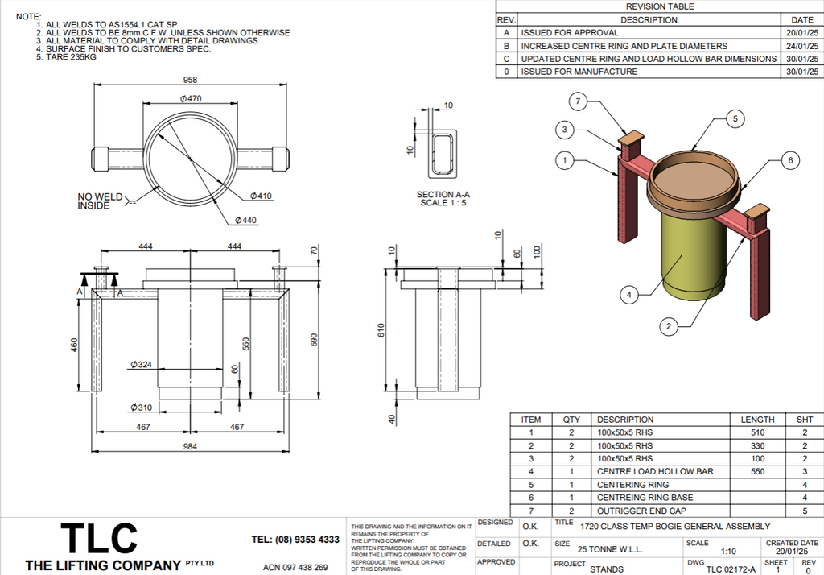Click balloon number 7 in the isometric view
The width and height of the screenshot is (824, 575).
tap(578, 101)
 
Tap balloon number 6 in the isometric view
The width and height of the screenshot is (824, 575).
tap(790, 161)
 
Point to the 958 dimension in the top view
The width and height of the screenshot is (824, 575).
tap(190, 81)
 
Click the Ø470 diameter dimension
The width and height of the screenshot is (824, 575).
tap(190, 98)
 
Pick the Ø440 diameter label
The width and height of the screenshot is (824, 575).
tap(246, 221)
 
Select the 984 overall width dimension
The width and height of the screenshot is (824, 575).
tap(190, 448)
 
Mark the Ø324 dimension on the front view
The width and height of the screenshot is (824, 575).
tap(141, 365)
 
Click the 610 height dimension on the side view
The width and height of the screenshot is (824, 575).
tap(382, 330)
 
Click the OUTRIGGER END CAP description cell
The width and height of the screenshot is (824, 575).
tap(641, 511)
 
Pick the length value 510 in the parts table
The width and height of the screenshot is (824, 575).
tap(757, 432)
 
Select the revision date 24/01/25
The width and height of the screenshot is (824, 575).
tap(802, 46)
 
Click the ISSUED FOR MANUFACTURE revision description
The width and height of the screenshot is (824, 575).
tap(579, 72)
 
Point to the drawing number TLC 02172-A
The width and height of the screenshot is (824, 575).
tap(731, 569)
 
